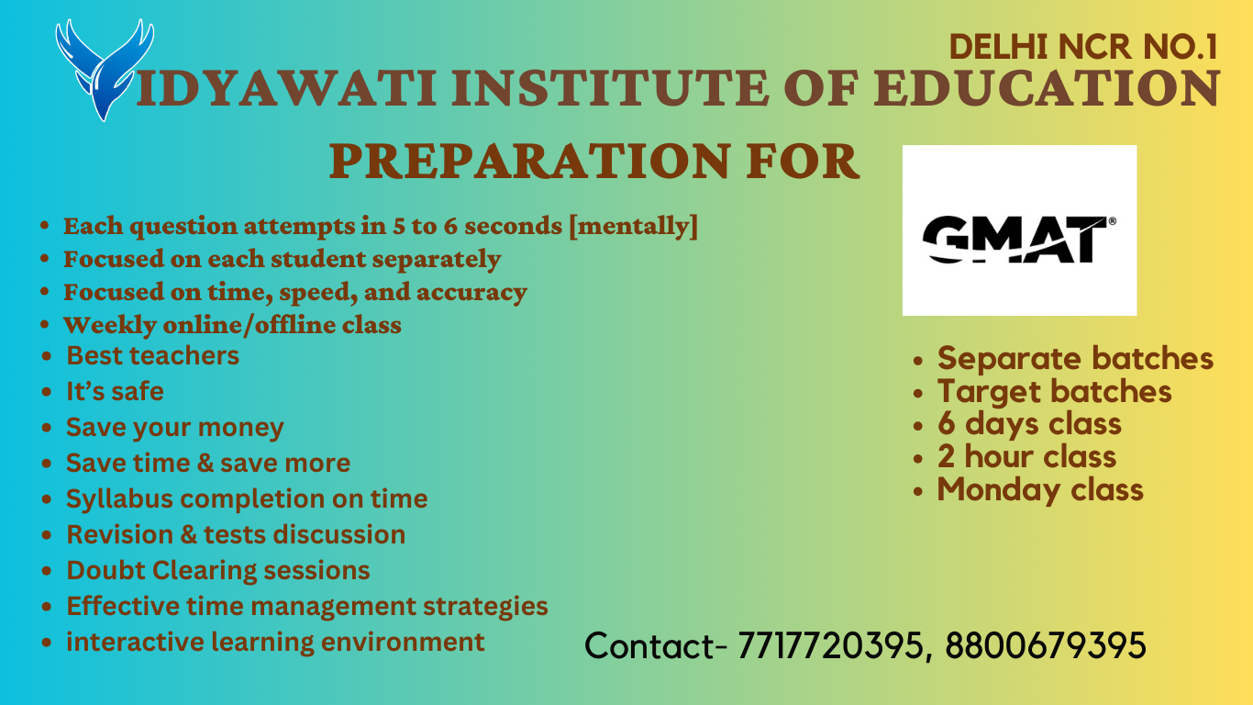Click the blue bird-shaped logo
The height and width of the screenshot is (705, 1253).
pos(105,70)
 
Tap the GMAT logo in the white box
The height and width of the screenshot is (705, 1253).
pos(1018,239)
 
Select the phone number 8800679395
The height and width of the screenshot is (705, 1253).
pos(1046,645)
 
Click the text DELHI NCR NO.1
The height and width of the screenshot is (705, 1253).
pos(1083,47)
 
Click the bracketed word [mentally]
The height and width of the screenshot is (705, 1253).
pos(633,226)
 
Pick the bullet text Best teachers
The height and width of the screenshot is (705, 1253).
pos(152,355)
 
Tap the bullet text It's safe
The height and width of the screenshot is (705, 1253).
pos(116,391)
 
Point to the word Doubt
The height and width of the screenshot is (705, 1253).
pos(105,570)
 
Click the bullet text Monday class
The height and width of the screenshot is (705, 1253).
pos(1040,490)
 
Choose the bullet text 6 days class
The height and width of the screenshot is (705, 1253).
pos(1029,424)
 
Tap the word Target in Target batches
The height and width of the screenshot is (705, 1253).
pos(982,391)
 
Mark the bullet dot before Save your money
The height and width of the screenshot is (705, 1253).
pos(47,428)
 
